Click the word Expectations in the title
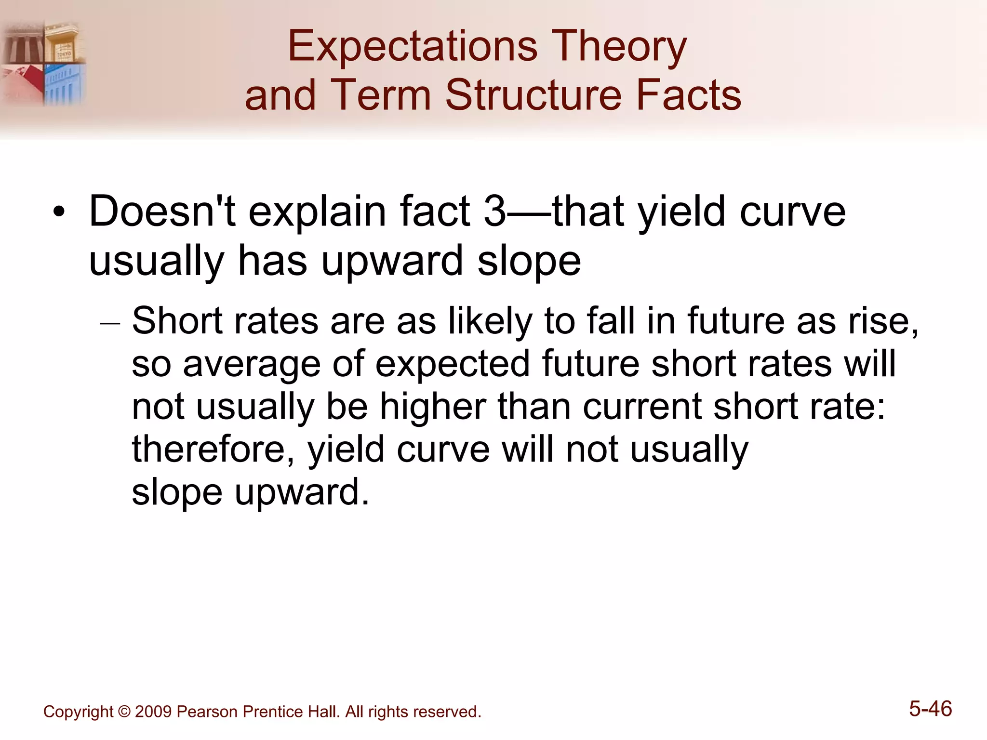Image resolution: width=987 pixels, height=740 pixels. (412, 47)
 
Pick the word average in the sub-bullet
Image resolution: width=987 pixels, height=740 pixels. (252, 364)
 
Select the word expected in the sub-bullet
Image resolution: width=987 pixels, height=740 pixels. (453, 364)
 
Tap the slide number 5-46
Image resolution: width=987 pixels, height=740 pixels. (930, 709)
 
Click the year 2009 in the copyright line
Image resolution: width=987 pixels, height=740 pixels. (153, 712)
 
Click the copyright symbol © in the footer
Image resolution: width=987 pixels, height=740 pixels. (124, 712)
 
